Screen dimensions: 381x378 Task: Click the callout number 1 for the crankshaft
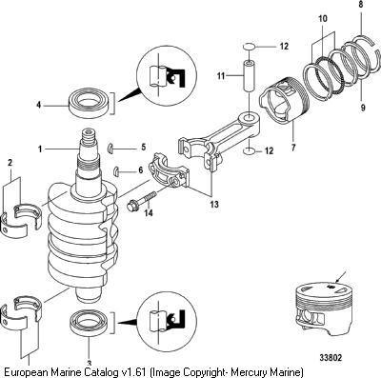tap(40, 149)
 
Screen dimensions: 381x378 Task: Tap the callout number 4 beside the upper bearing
tap(39, 105)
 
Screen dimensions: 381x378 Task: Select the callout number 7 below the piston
tap(293, 148)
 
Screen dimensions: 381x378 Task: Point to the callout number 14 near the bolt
tap(149, 212)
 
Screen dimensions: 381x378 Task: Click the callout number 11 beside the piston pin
tap(221, 76)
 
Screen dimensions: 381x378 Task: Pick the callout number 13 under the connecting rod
tap(214, 204)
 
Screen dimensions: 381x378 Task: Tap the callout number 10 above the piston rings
tap(323, 19)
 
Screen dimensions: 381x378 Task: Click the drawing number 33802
tap(331, 358)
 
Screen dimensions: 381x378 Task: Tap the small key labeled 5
tap(110, 148)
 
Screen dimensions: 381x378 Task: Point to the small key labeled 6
tap(116, 170)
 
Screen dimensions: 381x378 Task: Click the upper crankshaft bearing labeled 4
tap(90, 104)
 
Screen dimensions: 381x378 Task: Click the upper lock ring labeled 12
tap(249, 47)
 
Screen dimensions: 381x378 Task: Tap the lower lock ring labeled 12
tap(249, 150)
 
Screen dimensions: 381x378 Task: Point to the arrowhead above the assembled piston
tap(337, 280)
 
